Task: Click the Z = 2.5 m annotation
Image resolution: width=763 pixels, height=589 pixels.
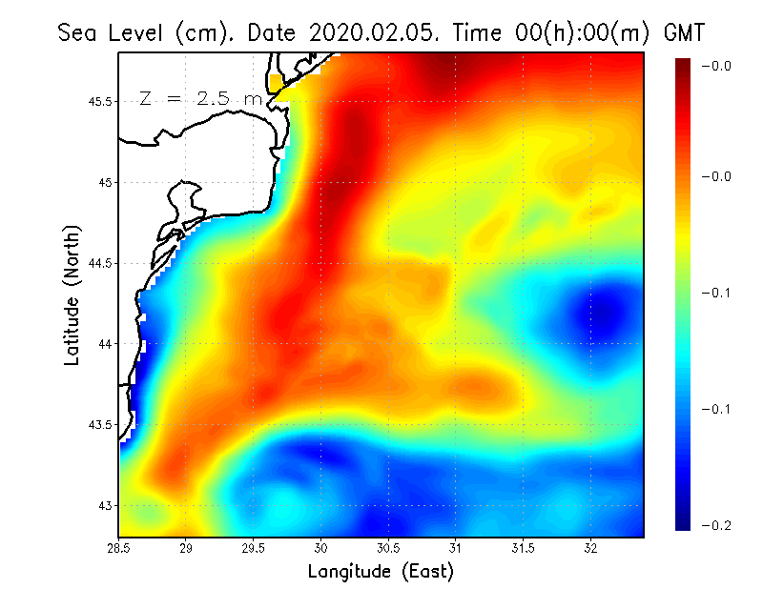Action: [200, 98]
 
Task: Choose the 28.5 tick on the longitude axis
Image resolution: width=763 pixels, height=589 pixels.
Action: [118, 548]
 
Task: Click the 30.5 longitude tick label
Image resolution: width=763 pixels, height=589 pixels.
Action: [388, 548]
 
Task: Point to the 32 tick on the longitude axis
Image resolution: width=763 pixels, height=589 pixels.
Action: [590, 548]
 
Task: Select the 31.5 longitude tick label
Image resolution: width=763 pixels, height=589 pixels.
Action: [523, 548]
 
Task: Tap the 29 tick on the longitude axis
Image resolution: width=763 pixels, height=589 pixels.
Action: [186, 548]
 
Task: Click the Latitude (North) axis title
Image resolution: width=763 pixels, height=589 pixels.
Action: [72, 295]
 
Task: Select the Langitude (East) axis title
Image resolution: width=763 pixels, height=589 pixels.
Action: [381, 572]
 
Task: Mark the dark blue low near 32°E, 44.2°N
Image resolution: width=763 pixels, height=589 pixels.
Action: [593, 310]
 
